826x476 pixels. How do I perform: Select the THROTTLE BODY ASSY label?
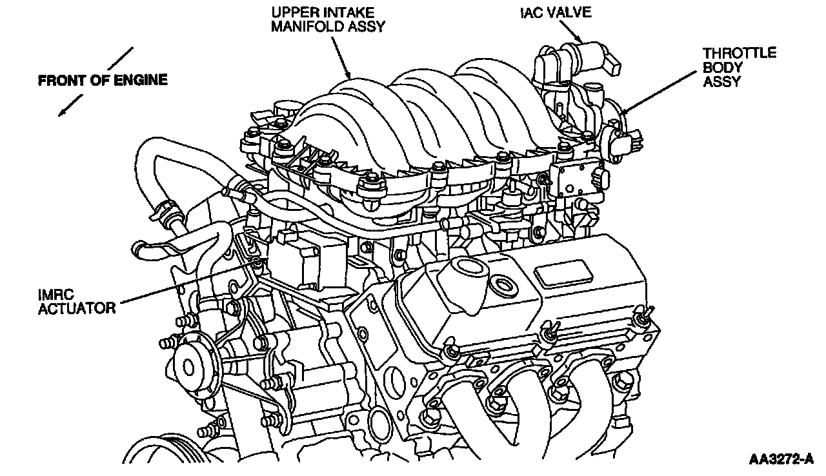tap(739, 67)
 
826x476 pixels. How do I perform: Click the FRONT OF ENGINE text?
tap(103, 81)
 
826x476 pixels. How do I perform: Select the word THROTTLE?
tap(740, 54)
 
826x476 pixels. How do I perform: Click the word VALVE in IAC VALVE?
tap(569, 13)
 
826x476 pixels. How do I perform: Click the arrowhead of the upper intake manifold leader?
tap(350, 77)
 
